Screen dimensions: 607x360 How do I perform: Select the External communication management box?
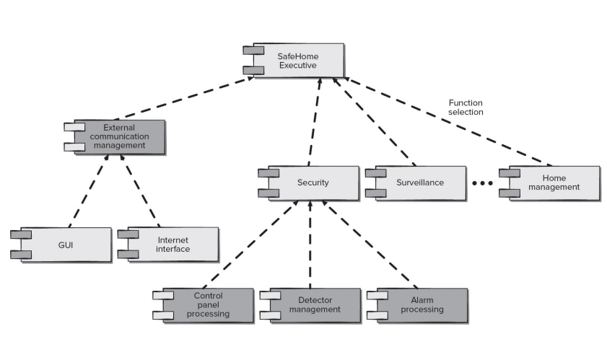[115, 137]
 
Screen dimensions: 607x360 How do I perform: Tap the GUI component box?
[61, 245]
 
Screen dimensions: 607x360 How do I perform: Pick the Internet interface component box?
[168, 245]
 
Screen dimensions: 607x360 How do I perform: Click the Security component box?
[309, 183]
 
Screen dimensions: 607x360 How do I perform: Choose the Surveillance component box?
[416, 183]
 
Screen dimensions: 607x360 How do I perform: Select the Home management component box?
[550, 183]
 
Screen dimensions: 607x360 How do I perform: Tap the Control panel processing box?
[204, 305]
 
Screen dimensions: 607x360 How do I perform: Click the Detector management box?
[311, 305]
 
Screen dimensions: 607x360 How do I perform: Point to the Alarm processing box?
[418, 305]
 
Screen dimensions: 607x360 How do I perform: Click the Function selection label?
[466, 107]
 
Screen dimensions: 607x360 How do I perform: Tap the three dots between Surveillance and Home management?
[482, 183]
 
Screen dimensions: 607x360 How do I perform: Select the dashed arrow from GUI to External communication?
[89, 190]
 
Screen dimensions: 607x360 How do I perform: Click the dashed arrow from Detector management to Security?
[310, 245]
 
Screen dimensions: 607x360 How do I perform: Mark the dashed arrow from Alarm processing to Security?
[370, 245]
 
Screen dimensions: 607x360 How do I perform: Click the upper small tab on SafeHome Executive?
[253, 51]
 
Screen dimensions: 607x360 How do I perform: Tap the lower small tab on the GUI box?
[21, 255]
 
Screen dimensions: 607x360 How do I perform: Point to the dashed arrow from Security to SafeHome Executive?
[315, 122]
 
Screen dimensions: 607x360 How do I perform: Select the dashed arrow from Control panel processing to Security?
[250, 245]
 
